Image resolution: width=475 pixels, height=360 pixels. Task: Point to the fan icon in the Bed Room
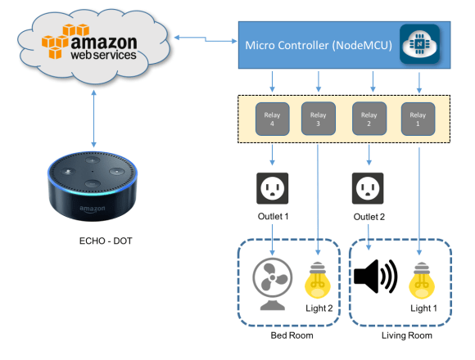click(x=272, y=283)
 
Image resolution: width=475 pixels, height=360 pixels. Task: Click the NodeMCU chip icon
click(x=418, y=42)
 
